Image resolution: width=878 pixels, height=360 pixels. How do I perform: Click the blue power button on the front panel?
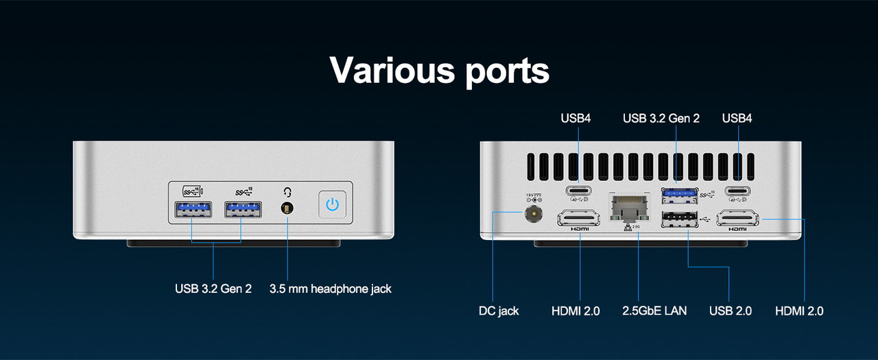333,204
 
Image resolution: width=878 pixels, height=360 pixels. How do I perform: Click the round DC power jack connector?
531,215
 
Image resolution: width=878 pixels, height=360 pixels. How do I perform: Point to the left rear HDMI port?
580,219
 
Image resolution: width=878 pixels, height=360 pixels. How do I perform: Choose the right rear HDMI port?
738,219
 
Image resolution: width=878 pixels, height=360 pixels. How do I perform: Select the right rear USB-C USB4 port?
738,191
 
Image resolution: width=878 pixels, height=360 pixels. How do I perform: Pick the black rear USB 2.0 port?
678,219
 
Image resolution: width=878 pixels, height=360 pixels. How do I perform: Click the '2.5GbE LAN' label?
654,311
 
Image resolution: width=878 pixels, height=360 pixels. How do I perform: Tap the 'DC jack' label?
499,311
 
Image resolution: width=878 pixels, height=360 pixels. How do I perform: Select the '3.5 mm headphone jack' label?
331,289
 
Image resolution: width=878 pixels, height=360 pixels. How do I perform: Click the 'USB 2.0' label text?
731,311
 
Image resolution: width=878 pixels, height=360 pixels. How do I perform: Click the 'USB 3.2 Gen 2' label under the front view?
213,289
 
